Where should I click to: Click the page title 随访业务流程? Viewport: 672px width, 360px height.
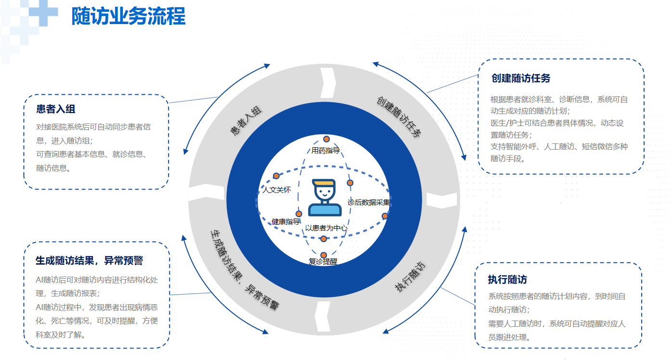coord(129,16)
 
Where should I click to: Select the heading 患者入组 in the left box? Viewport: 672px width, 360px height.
coord(55,109)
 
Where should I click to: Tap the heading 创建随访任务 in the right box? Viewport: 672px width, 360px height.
coord(521,78)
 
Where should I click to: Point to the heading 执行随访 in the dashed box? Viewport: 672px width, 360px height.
coord(507,280)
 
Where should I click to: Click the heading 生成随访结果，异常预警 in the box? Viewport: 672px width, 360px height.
coord(90,260)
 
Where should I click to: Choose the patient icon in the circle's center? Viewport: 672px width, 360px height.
coord(324,198)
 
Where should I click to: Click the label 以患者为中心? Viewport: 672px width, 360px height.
coord(326,228)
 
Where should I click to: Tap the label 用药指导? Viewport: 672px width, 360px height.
coord(325,150)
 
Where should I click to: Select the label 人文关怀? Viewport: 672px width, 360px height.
coord(277,190)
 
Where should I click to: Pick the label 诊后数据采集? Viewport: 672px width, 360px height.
coord(369,202)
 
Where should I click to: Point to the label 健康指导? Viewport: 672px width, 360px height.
coord(285,222)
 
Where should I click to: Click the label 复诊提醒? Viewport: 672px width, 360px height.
coord(323,262)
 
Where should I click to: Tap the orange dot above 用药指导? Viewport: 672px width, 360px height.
coord(326,139)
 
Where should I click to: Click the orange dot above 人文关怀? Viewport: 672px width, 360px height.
coord(276,176)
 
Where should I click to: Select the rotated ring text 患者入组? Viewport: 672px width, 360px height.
coord(246,121)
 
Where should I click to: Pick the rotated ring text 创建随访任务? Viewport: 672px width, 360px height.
coord(399,116)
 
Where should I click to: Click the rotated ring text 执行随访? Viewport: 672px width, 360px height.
coord(410,277)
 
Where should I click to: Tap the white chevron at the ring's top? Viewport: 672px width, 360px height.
coord(328,83)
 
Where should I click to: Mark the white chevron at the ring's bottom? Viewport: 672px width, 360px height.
coord(323,317)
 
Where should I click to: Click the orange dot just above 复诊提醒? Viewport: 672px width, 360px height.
coord(323,255)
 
